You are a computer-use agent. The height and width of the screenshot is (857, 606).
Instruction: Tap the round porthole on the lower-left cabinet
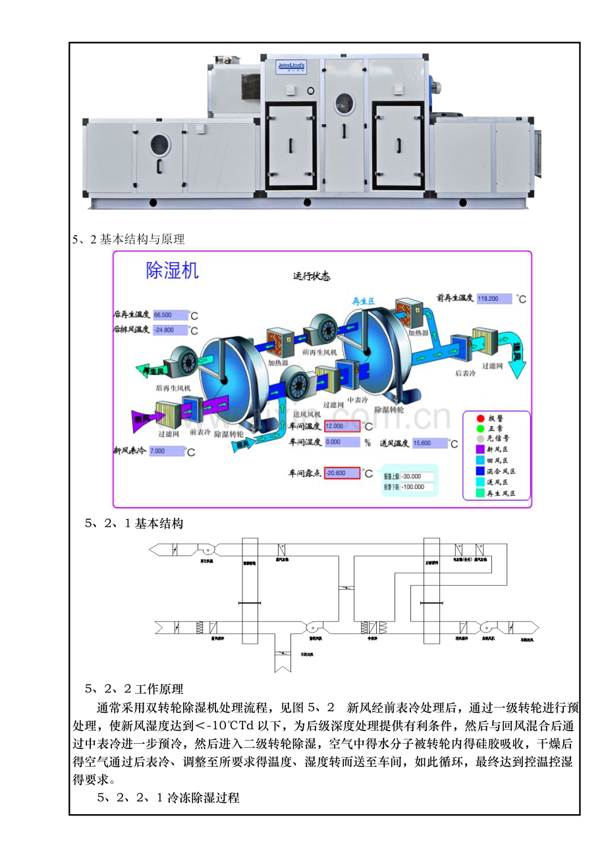coord(159,145)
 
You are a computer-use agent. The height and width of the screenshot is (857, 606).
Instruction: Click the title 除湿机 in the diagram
coord(172,271)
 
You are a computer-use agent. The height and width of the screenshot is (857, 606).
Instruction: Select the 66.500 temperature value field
coord(169,315)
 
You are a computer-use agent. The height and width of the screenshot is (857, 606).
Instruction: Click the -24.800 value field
coord(169,330)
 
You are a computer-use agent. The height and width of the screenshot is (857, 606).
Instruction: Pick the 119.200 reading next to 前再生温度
coord(493,299)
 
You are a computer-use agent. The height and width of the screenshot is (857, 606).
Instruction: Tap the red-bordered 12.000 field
coord(342,426)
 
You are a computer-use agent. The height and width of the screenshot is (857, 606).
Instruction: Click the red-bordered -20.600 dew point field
coord(342,473)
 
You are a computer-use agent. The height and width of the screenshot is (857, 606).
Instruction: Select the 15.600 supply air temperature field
coord(429,443)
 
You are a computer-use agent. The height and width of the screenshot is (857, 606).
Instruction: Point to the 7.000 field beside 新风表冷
coord(166,451)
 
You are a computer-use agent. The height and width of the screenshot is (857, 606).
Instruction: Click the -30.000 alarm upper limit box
coord(416,477)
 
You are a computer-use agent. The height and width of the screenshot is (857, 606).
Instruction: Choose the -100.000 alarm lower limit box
coord(416,488)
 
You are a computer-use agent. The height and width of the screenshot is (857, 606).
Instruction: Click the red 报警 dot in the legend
coord(480,419)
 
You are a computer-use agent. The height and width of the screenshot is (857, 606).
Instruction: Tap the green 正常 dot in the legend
coord(480,428)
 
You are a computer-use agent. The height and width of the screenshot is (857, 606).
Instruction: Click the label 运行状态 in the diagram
coord(312,276)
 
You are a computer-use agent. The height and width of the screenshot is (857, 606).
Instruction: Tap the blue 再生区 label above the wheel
coord(363,301)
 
